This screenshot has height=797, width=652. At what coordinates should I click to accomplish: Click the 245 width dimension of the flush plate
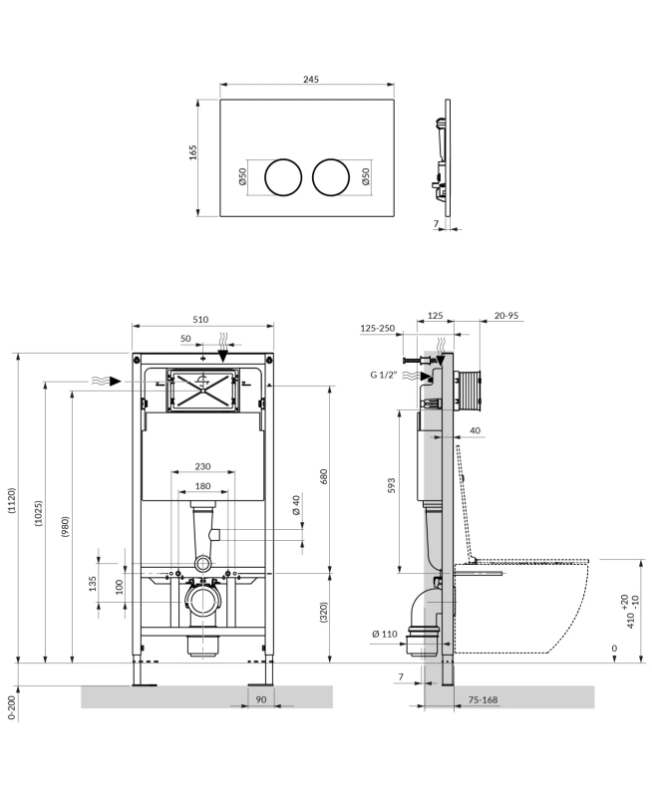point(310,79)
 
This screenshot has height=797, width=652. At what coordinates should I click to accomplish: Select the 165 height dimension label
point(193,151)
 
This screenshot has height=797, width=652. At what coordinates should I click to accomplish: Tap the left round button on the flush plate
point(280,176)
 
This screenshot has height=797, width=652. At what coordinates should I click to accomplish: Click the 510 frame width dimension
point(199,320)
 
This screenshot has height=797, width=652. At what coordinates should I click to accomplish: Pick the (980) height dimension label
point(66,525)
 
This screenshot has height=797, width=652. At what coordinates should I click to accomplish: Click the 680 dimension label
point(323,475)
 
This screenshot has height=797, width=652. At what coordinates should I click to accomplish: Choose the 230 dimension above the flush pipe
point(202,467)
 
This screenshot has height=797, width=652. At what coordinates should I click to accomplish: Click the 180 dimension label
point(202,486)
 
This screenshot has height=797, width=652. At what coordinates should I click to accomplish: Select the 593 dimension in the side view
point(391,485)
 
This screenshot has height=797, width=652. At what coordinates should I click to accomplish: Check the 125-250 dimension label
point(377,329)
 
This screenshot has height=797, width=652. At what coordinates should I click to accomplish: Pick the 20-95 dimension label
point(506,316)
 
